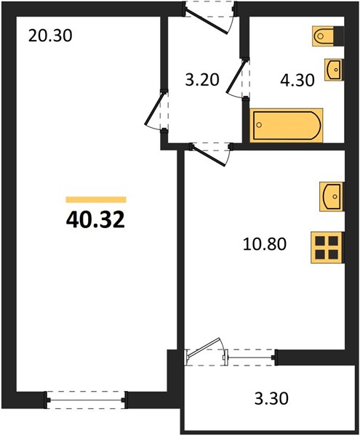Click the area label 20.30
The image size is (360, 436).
pyautogui.click(x=50, y=36)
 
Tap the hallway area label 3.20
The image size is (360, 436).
pyautogui.click(x=202, y=80)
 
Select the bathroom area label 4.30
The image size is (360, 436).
pyautogui.click(x=297, y=81)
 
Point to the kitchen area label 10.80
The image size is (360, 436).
pyautogui.click(x=265, y=244)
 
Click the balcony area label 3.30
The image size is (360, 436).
pyautogui.click(x=271, y=398)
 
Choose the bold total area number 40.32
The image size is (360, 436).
pyautogui.click(x=95, y=220)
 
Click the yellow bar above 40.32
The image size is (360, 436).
pyautogui.click(x=96, y=200)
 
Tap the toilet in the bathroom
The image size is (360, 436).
pyautogui.click(x=328, y=36)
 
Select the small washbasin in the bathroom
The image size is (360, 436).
pyautogui.click(x=334, y=70)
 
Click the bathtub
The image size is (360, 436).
pyautogui.click(x=287, y=126)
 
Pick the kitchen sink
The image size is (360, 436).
pyautogui.click(x=332, y=196)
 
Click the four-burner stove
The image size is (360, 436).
pyautogui.click(x=327, y=247)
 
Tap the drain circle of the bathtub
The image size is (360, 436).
pyautogui.click(x=259, y=125)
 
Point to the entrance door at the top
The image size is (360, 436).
pyautogui.click(x=209, y=17)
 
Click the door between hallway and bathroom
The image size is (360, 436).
pyautogui.click(x=238, y=78)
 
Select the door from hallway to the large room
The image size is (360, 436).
pyautogui.click(x=156, y=110)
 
